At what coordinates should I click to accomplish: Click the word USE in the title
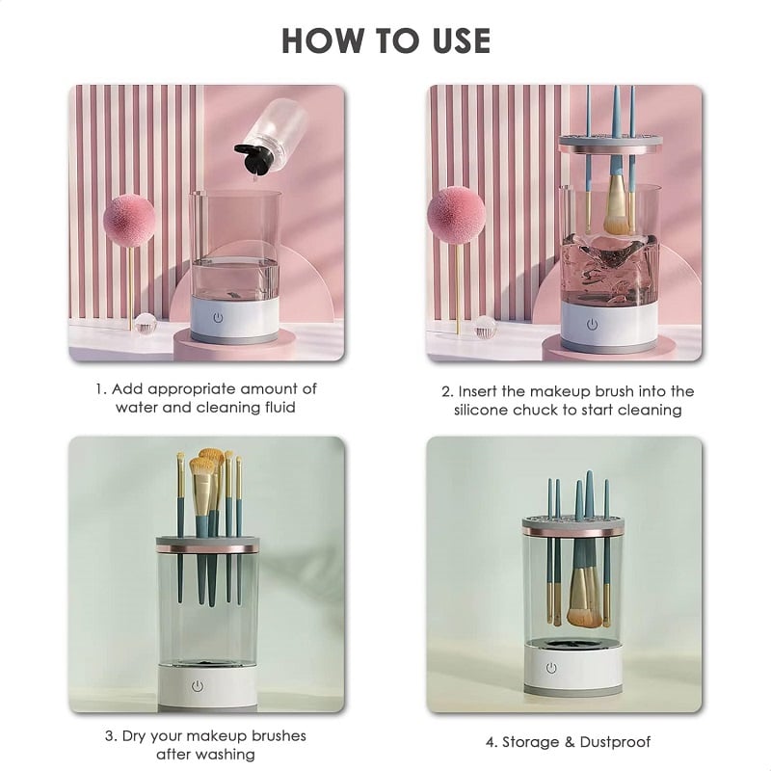coord(462,40)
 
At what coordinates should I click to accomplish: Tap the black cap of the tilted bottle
coord(254,158)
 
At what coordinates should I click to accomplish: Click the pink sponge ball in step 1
coord(129,220)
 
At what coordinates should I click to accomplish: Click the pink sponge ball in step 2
coord(456,215)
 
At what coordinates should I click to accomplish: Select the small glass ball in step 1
coord(146,323)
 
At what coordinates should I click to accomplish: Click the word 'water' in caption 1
coord(136,408)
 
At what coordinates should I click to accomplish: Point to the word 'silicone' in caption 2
coord(481,411)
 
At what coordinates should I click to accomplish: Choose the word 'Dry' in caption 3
coord(133,736)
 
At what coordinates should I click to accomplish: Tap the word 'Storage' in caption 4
coord(530,742)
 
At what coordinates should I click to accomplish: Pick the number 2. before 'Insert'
coord(447,392)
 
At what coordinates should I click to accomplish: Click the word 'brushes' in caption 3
coord(279,736)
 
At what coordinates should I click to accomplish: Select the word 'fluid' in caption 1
coord(279,408)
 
